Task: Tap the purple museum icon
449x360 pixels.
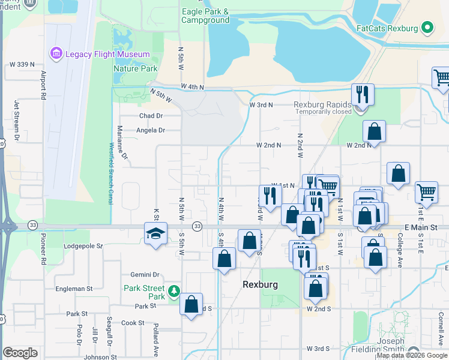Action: point(57,53)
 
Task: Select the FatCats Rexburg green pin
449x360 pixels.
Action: point(427,28)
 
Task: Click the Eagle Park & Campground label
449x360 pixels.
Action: point(205,16)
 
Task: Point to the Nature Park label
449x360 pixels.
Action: point(135,68)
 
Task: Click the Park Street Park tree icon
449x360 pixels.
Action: point(174,291)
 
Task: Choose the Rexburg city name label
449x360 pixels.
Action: point(259,284)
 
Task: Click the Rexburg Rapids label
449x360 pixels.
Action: point(322,104)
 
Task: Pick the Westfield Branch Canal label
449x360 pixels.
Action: point(111,174)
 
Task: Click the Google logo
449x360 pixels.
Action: point(20,353)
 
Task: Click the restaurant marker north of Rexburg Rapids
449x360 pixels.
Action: point(363,94)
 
